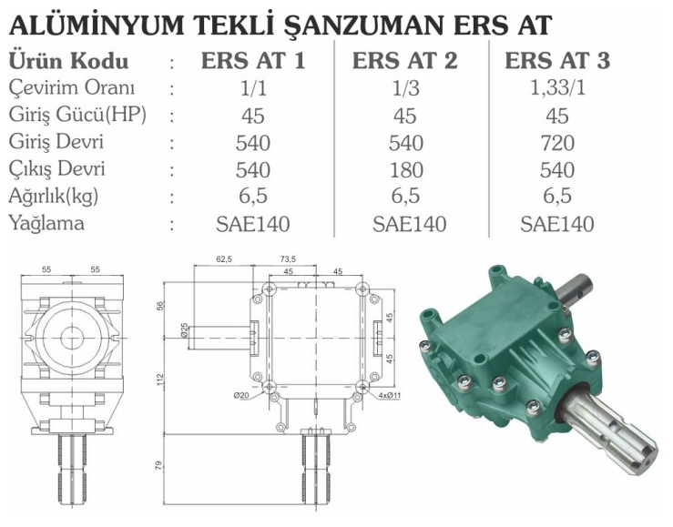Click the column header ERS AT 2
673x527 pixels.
(x=404, y=60)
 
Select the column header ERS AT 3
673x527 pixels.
(x=557, y=60)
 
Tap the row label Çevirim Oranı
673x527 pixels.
(x=72, y=88)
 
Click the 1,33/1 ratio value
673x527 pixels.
(x=557, y=89)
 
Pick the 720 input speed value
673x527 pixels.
(x=557, y=143)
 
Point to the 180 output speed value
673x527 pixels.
(x=406, y=170)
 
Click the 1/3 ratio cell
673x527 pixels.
(x=405, y=89)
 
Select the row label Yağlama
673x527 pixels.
(x=46, y=224)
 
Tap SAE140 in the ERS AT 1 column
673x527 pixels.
(x=253, y=224)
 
